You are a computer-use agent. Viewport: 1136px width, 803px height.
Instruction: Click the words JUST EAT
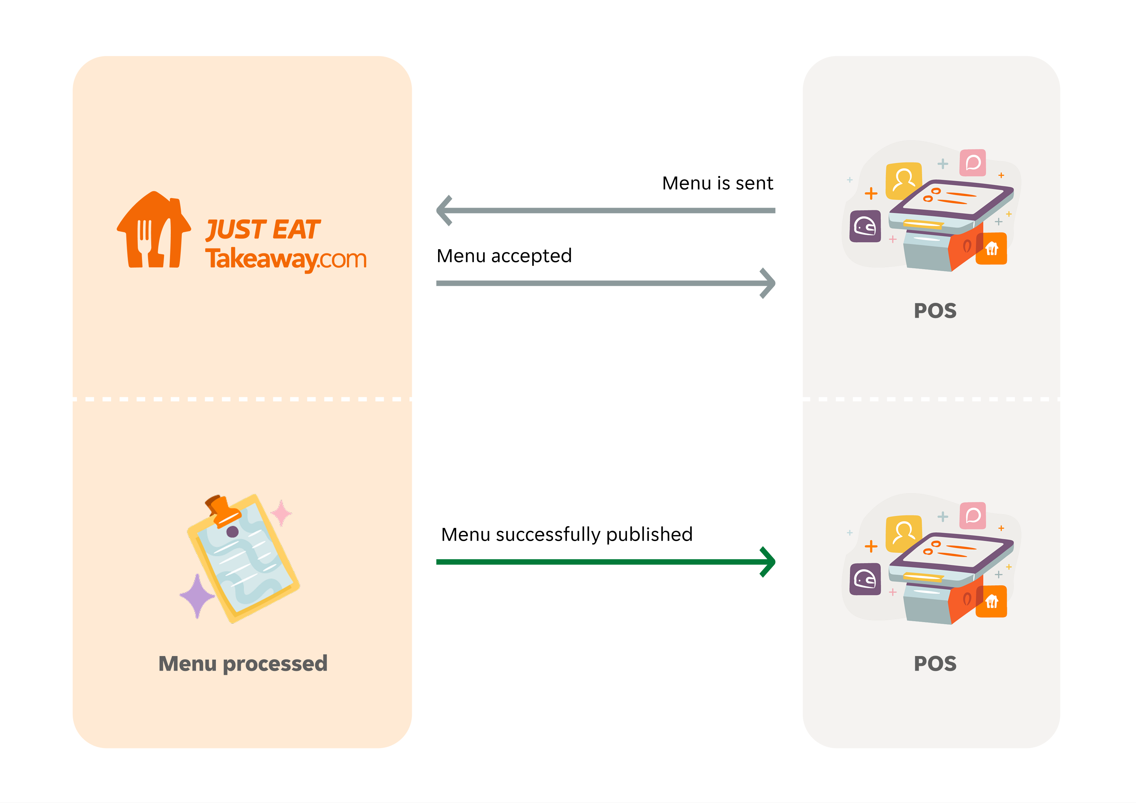[x=263, y=230]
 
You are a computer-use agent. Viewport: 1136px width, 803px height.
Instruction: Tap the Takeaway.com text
[x=285, y=259]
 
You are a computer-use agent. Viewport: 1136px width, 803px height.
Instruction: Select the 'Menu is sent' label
[x=717, y=184]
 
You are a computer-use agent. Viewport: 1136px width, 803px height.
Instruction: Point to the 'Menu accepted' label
[x=504, y=256]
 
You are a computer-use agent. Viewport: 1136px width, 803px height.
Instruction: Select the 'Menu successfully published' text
[x=567, y=534]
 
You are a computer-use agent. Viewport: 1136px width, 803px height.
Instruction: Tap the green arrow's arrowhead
[x=768, y=562]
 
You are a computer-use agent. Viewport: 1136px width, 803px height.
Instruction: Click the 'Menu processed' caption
[x=242, y=663]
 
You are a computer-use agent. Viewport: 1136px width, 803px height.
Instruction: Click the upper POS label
[x=935, y=311]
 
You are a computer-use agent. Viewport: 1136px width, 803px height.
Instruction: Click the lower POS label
[x=935, y=663]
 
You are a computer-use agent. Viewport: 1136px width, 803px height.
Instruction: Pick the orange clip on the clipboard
[x=223, y=510]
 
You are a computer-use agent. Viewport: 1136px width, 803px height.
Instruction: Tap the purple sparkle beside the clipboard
[x=197, y=596]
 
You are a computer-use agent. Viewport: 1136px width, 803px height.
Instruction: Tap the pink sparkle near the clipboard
[x=282, y=513]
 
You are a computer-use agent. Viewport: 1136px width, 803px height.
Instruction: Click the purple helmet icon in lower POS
[x=865, y=579]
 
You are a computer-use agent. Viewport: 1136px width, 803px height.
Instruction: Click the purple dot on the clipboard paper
[x=232, y=532]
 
